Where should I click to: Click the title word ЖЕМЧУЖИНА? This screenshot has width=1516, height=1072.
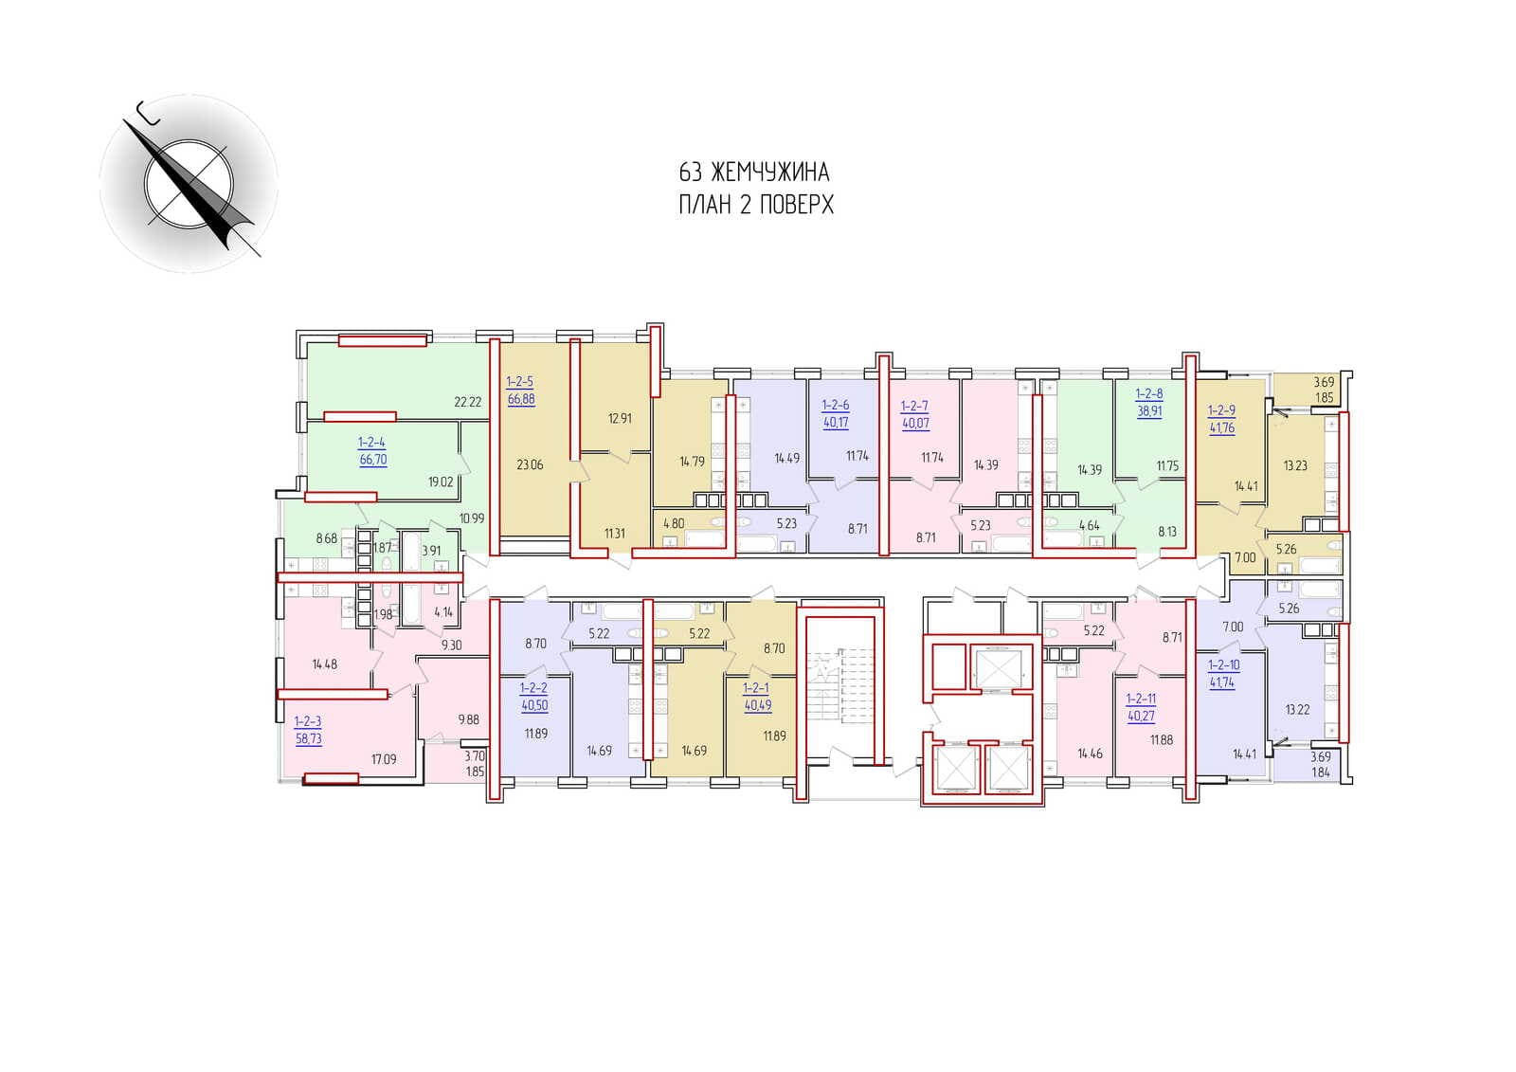coord(770,173)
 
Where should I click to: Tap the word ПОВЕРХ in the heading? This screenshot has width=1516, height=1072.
coord(795,205)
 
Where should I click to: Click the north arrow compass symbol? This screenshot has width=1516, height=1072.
coord(189,184)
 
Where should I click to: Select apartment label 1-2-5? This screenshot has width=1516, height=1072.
coord(520,382)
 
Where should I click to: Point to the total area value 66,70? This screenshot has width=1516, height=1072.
coord(373,460)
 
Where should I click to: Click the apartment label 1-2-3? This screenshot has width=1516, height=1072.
coord(308,722)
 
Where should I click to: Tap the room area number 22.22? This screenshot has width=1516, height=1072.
coord(468,402)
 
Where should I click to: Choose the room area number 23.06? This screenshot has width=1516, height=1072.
coord(530,465)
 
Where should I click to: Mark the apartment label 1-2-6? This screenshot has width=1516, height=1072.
coord(835,406)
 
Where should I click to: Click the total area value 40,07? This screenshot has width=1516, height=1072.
coord(915,424)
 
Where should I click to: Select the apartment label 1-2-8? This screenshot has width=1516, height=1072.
coord(1149,393)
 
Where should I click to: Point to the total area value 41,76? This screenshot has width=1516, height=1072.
coord(1221,428)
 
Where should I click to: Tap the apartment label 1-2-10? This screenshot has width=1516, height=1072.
coord(1223,665)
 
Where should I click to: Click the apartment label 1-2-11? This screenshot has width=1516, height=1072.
coord(1141,699)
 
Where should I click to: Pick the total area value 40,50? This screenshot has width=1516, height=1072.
coord(534,705)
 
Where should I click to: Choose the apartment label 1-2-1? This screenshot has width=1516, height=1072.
coord(756,688)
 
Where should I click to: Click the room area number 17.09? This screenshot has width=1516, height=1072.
coord(384,760)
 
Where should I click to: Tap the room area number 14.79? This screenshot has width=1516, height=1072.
coord(692,462)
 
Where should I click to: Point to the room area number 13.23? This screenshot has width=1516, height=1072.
coord(1295,466)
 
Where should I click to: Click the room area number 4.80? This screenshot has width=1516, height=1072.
coord(674,523)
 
